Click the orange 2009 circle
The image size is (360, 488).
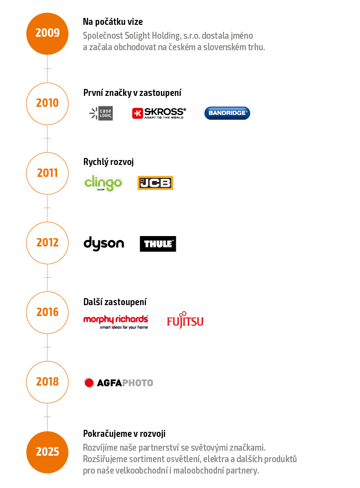47,33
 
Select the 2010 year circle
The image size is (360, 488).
47,103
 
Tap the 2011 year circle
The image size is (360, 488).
47,173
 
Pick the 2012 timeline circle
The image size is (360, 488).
47,243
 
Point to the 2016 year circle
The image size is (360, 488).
47,312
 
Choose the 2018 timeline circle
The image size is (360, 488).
47,382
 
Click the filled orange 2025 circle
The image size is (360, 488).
47,452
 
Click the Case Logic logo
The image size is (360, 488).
101,113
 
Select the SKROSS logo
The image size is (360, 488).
159,113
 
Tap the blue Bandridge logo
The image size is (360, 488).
227,113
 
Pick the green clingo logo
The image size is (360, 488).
103,183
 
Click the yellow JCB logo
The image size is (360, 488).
155,183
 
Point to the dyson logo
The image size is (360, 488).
104,244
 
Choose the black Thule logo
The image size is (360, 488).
157,244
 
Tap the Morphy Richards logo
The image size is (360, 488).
116,321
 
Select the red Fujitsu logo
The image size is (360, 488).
185,321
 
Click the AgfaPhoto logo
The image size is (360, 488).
118,383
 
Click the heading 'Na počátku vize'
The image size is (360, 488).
113,22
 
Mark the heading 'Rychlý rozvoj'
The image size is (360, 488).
109,162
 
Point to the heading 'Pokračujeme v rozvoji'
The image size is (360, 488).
124,433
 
